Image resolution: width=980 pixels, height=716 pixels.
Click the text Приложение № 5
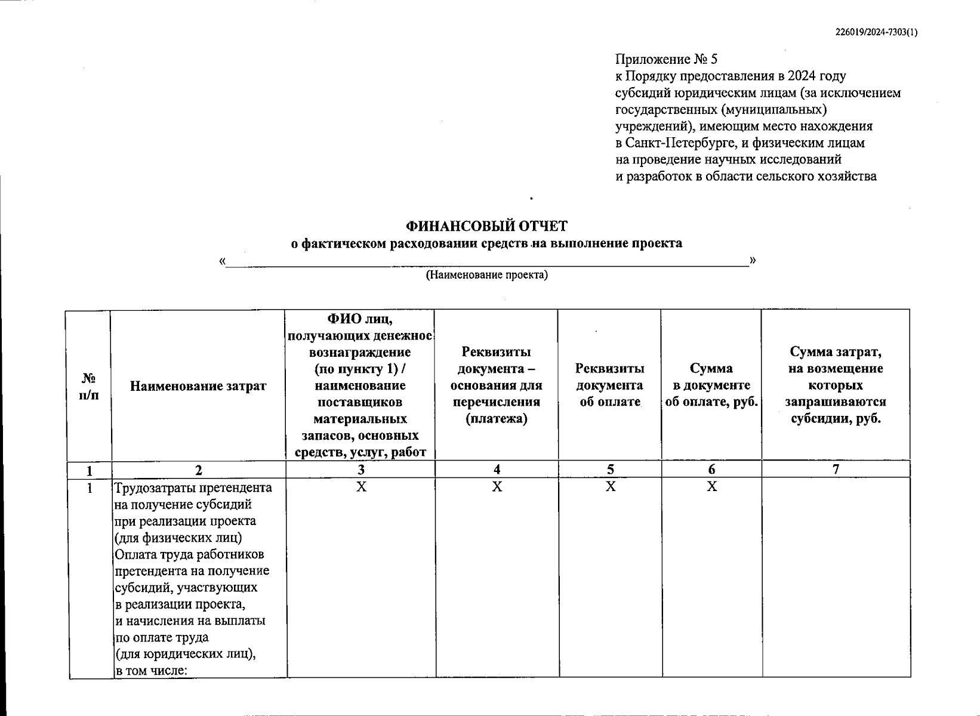pyautogui.click(x=666, y=59)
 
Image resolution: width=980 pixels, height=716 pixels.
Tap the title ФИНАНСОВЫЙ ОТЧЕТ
pyautogui.click(x=486, y=226)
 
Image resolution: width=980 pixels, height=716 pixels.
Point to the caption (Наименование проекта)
pyautogui.click(x=486, y=275)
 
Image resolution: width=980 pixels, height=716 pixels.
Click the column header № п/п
pyautogui.click(x=89, y=386)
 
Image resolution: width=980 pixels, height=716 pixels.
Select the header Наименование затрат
pyautogui.click(x=198, y=386)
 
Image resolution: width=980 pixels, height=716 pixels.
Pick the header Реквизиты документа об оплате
pyautogui.click(x=609, y=385)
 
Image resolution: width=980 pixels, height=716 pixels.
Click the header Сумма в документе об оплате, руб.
pyautogui.click(x=711, y=385)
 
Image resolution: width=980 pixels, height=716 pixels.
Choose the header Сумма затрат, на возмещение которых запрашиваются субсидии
pyautogui.click(x=836, y=385)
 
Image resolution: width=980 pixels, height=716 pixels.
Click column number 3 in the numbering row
pyautogui.click(x=360, y=470)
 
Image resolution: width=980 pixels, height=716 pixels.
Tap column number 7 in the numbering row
pyautogui.click(x=836, y=470)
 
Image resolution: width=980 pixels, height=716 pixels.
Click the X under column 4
pyautogui.click(x=497, y=487)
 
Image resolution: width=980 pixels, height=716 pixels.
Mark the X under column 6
pyautogui.click(x=711, y=487)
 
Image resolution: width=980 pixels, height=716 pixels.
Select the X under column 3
pyautogui.click(x=360, y=487)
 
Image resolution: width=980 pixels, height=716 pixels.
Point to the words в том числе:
pyautogui.click(x=152, y=670)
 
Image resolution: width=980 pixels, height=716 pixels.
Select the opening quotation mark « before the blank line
pyautogui.click(x=222, y=261)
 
